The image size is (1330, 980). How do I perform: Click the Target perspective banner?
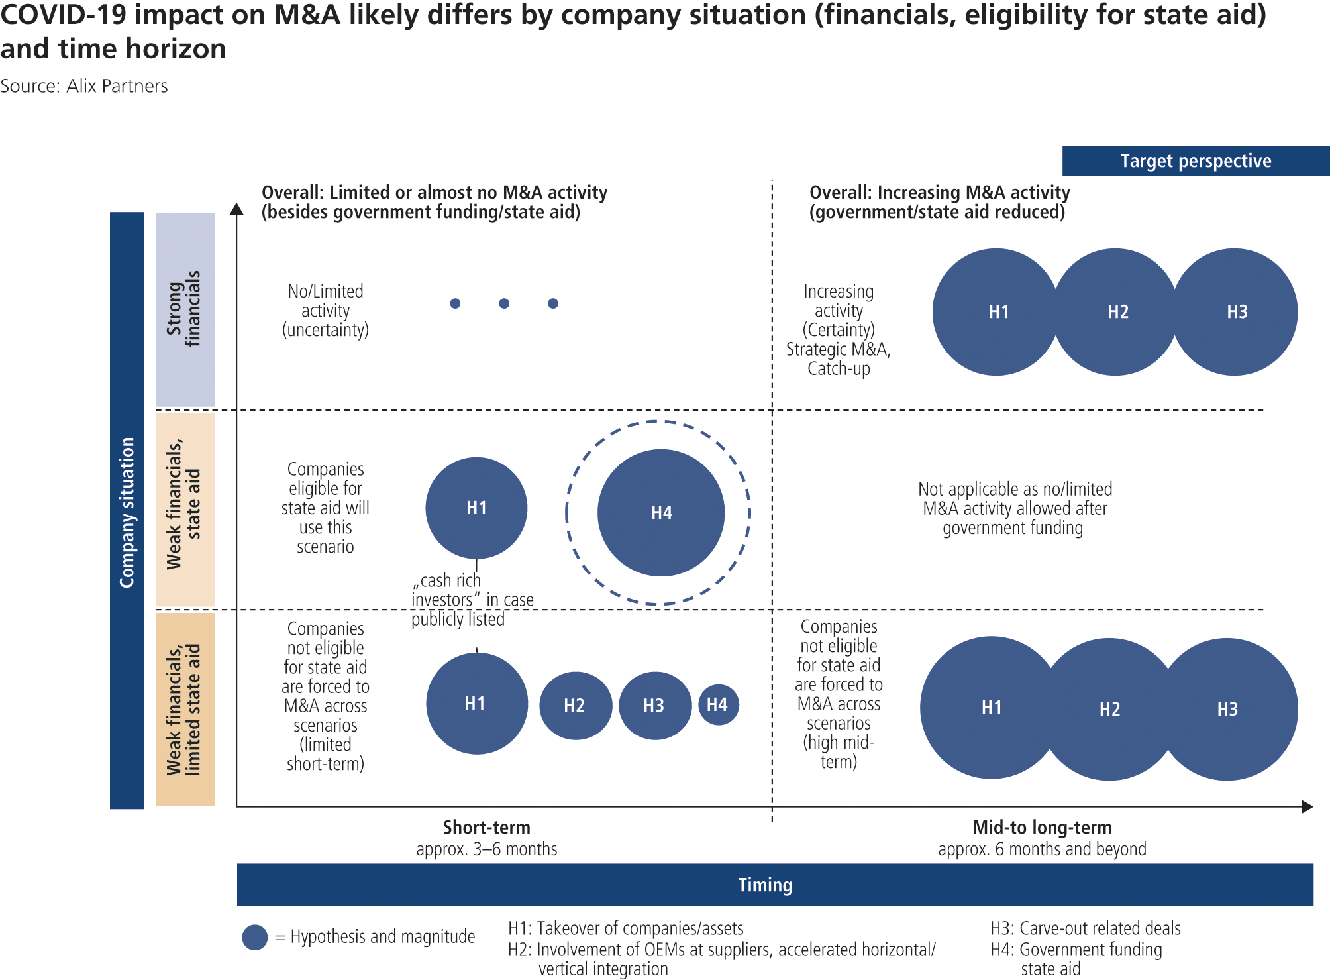[1196, 161]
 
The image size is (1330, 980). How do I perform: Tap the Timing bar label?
[765, 885]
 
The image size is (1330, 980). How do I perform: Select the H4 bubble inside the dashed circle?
[661, 512]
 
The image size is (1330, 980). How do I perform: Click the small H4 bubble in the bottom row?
[718, 704]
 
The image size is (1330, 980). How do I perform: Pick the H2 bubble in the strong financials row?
[1117, 312]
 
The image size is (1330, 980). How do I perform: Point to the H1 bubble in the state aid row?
[476, 508]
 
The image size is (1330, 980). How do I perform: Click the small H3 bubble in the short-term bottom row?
[654, 706]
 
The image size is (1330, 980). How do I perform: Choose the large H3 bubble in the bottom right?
[1227, 709]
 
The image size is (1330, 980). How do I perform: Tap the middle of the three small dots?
[504, 303]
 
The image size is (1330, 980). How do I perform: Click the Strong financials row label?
[185, 309]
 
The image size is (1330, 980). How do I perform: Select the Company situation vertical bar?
[127, 510]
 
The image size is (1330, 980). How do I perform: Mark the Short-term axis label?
[486, 828]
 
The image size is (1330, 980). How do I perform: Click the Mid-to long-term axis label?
[1042, 828]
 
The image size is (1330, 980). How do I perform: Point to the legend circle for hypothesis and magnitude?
[255, 937]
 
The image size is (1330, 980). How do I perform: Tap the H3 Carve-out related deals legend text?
[1086, 928]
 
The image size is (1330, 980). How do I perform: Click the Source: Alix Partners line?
[84, 86]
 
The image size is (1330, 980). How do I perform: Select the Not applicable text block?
[1014, 508]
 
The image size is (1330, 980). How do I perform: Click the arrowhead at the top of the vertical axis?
[236, 209]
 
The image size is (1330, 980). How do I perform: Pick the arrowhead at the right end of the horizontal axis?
[1307, 806]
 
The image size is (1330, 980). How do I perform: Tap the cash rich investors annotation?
[472, 599]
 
